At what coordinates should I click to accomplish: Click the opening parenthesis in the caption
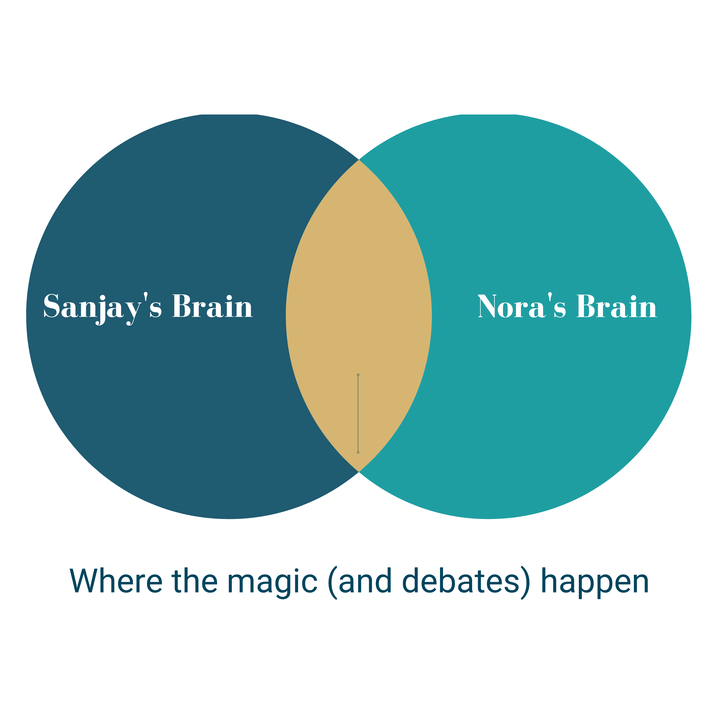(x=332, y=582)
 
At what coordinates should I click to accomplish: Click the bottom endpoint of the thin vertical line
(x=358, y=452)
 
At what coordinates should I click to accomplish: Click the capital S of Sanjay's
(x=52, y=306)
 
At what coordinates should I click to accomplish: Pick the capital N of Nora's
(x=487, y=306)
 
